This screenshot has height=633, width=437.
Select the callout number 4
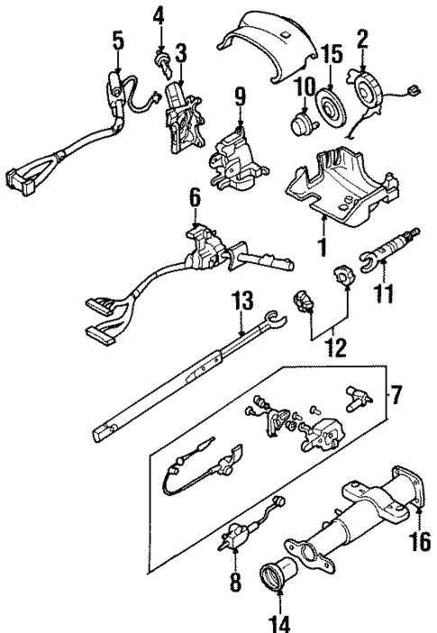[x=159, y=14]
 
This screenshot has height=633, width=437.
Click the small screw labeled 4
[x=163, y=62]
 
